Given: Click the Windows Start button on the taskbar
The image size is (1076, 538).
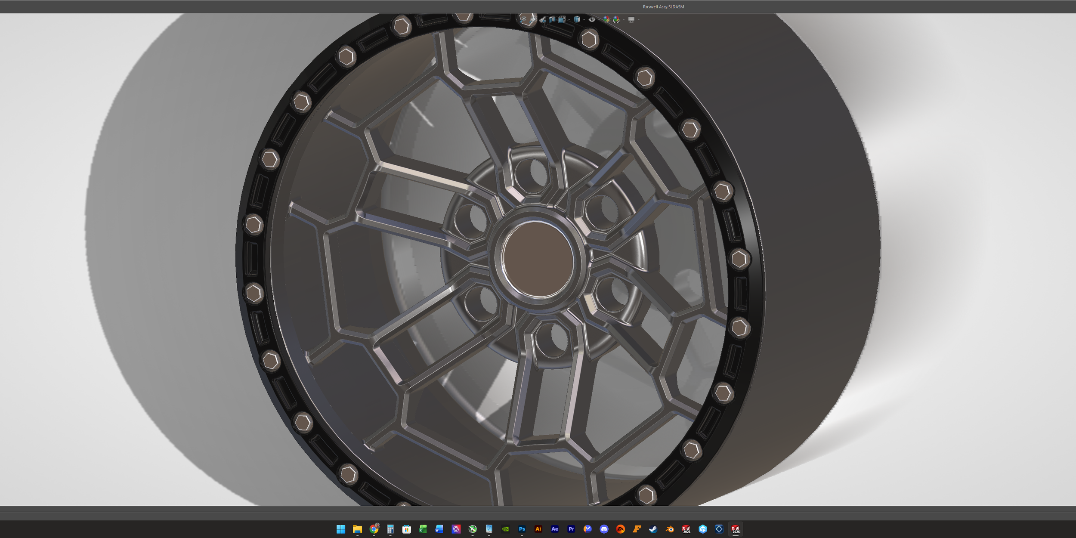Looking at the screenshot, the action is tap(341, 529).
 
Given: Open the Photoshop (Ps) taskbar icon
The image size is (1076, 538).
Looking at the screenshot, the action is tap(522, 529).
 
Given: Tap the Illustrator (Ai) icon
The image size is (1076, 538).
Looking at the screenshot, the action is tap(538, 529).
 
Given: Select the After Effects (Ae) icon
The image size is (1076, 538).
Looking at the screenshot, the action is tap(554, 529).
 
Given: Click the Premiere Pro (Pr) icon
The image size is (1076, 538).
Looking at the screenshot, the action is tap(571, 529).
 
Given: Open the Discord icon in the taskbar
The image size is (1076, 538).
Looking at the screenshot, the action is tap(604, 529).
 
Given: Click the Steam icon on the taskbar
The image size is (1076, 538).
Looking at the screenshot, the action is tap(653, 529).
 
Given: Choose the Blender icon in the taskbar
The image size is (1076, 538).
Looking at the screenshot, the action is tap(670, 529).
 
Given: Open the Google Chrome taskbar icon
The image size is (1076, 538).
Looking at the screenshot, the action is tap(374, 529).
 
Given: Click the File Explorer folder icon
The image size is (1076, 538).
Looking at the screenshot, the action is tap(357, 529).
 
